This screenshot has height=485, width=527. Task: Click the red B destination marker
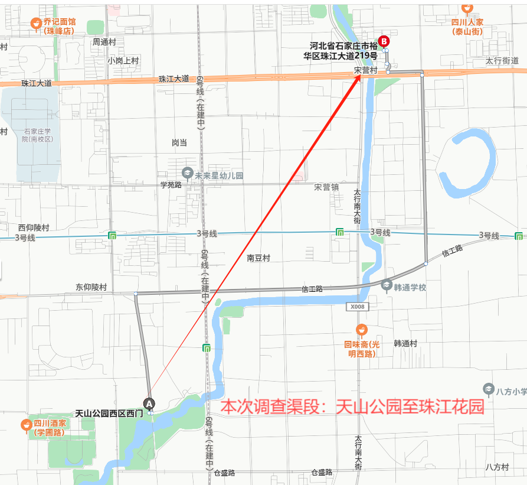pyautogui.click(x=384, y=41)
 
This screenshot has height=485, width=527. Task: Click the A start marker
pyautogui.click(x=150, y=403)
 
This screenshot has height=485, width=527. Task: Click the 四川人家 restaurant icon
pyautogui.click(x=467, y=8)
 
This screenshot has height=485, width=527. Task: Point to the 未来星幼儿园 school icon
pyautogui.click(x=187, y=173)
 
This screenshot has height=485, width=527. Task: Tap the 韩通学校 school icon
pyautogui.click(x=387, y=285)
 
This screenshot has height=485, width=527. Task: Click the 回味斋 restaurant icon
pyautogui.click(x=362, y=330)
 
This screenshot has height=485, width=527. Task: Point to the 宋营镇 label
pyautogui.click(x=326, y=187)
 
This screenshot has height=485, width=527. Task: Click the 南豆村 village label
pyautogui.click(x=258, y=258)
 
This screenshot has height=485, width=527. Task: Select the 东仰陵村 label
pyautogui.click(x=91, y=287)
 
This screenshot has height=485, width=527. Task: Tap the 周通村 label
pyautogui.click(x=104, y=42)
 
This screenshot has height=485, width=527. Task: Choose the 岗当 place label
pyautogui.click(x=179, y=142)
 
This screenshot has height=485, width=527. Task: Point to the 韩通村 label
pyautogui.click(x=405, y=343)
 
